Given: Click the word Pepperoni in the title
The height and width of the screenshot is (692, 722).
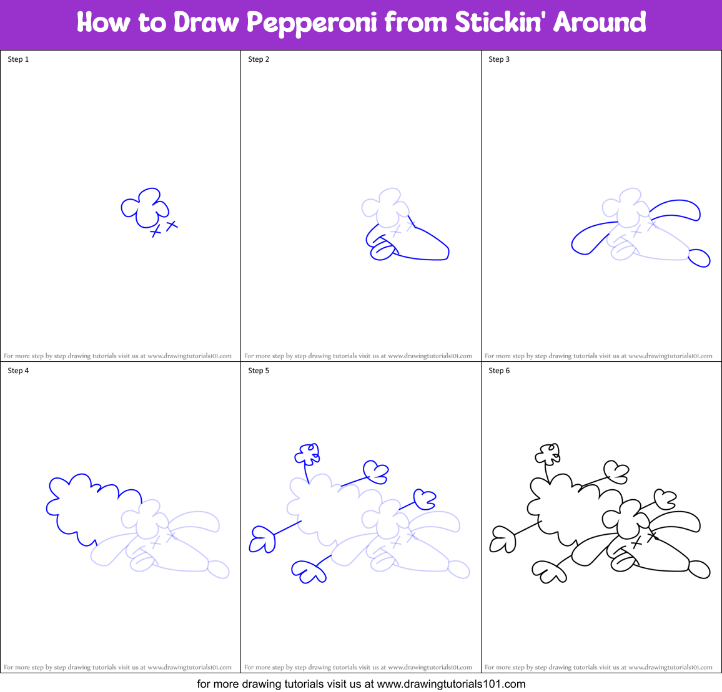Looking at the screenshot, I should (x=312, y=23).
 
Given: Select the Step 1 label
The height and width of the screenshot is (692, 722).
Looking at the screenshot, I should (x=18, y=59).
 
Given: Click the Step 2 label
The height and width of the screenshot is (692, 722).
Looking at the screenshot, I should (x=259, y=59).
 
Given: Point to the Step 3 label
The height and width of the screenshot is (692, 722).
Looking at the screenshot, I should (x=499, y=59).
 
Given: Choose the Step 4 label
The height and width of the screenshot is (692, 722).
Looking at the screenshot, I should (x=18, y=371).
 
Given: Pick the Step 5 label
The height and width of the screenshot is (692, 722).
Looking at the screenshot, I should (x=259, y=371).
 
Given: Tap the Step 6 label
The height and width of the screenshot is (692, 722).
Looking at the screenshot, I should (x=499, y=371).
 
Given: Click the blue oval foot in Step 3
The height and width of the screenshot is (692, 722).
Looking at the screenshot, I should (x=699, y=258).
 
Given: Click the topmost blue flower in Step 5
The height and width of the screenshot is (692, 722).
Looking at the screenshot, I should (x=308, y=454).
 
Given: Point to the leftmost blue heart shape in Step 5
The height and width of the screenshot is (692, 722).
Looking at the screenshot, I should (x=262, y=540).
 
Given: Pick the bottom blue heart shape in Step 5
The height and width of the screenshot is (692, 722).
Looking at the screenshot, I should (x=307, y=572).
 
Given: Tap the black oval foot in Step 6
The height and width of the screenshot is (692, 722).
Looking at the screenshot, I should (x=699, y=569).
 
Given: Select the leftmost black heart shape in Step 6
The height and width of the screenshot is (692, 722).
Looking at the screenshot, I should (x=502, y=540).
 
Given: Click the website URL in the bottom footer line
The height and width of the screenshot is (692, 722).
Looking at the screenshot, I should (x=451, y=684).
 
